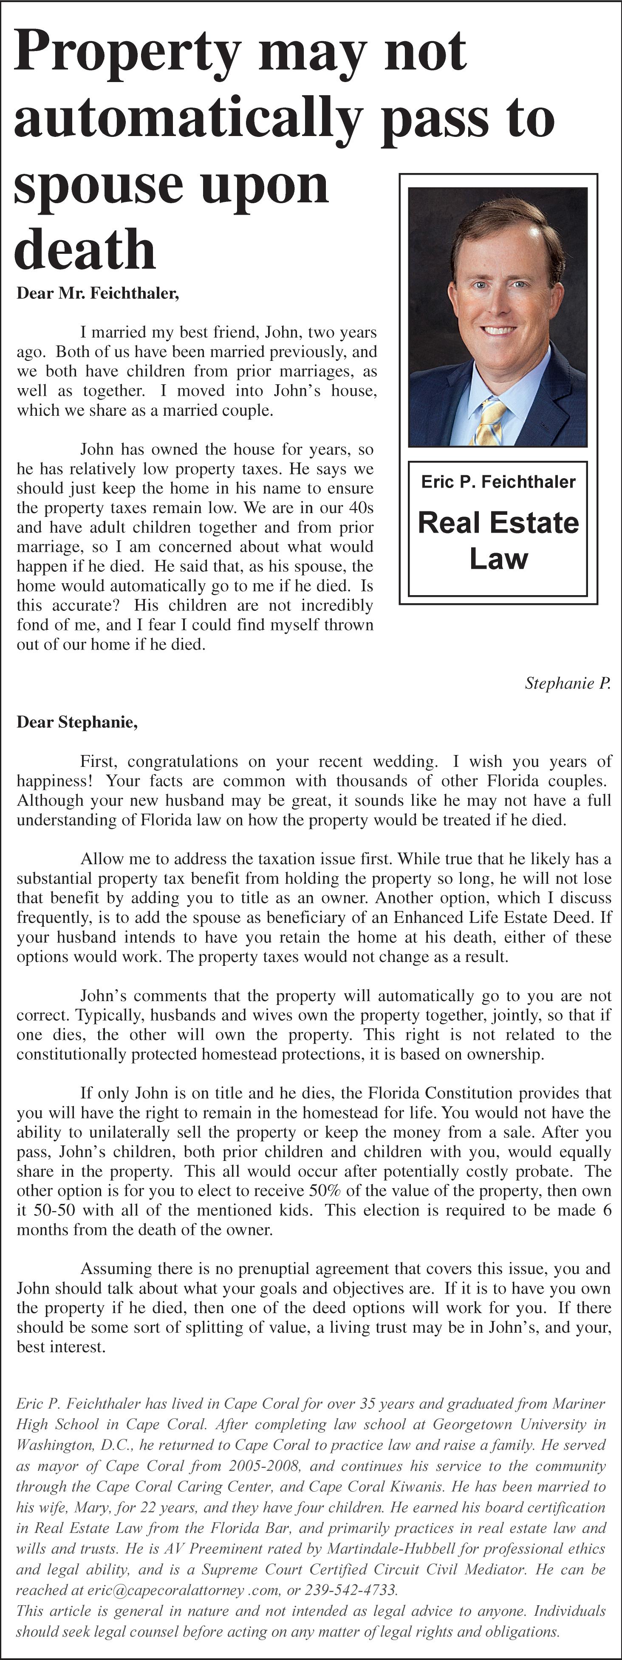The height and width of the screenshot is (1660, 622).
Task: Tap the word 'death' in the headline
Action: (85, 250)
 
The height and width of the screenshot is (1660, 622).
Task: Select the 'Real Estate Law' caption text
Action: (498, 540)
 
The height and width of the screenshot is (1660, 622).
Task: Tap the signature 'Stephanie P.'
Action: (567, 683)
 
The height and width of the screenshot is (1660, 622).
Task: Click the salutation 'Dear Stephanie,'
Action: (77, 722)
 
